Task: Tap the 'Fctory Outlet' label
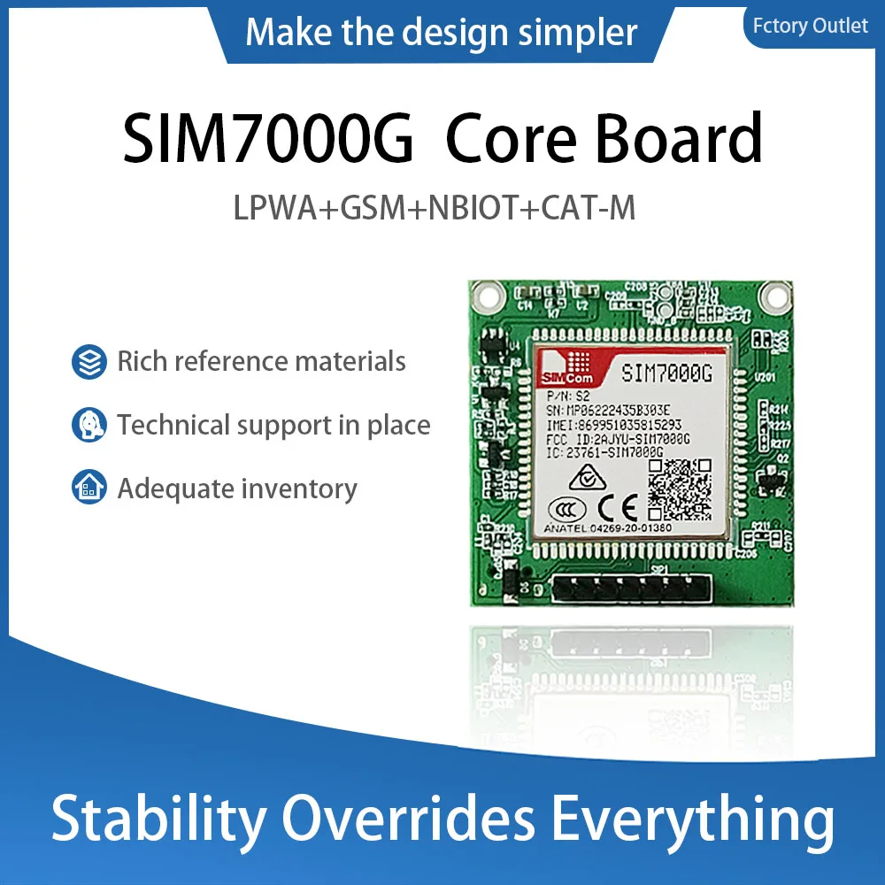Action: (810, 26)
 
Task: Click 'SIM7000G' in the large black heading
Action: (267, 138)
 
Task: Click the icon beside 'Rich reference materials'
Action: (88, 362)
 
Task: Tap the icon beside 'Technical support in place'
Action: (88, 426)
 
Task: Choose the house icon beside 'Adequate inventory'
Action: (88, 489)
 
